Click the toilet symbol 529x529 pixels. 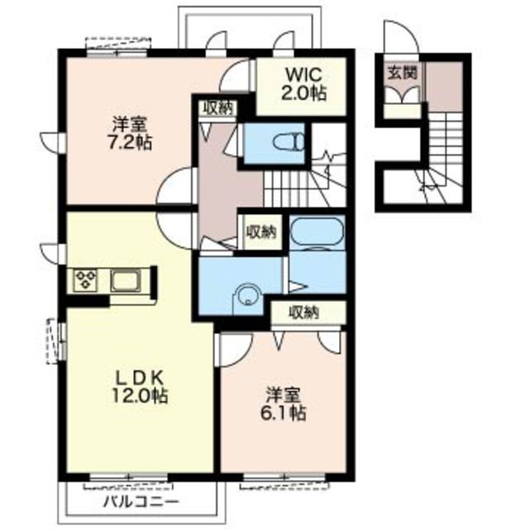[x=289, y=142]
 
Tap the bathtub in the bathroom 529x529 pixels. [x=317, y=233]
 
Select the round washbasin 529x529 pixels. [x=248, y=296]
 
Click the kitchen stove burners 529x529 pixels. [x=86, y=280]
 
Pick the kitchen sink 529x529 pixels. [x=125, y=281]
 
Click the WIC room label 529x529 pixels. [x=304, y=74]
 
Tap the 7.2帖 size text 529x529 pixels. [x=130, y=143]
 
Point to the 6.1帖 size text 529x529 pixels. [x=284, y=412]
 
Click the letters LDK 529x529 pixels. [x=140, y=378]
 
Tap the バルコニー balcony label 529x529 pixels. [x=141, y=502]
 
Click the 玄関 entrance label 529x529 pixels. [x=403, y=73]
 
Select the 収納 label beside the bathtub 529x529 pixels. [x=261, y=231]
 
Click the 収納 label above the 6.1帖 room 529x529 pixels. [x=304, y=312]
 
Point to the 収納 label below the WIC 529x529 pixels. [x=218, y=107]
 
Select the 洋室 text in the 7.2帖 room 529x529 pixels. [x=130, y=126]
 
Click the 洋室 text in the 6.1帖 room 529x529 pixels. [x=284, y=395]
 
